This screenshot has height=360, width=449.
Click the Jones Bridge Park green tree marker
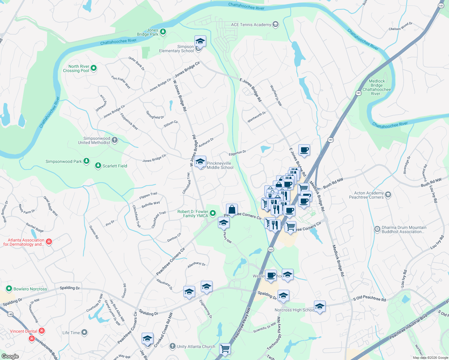click(163, 31)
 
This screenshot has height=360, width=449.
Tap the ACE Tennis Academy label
click(251, 25)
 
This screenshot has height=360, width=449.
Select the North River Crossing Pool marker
click(94, 68)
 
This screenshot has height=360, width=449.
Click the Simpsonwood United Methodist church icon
click(115, 140)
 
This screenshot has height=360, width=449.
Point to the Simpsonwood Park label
click(64, 161)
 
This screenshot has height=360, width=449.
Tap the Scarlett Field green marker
click(98, 166)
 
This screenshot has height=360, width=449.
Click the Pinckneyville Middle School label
click(220, 165)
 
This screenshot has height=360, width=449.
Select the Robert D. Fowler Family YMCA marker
click(213, 213)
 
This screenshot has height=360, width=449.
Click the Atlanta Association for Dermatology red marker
click(49, 241)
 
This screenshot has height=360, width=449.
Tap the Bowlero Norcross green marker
click(9, 289)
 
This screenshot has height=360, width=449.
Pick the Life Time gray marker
click(84, 332)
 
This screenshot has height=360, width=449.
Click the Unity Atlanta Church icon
click(172, 346)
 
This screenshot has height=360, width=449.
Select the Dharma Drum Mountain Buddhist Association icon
click(377, 229)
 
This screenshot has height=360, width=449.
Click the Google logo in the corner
click(10, 356)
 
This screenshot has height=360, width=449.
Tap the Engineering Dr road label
click(206, 309)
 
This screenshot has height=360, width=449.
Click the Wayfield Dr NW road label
click(276, 95)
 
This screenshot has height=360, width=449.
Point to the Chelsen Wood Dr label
click(400, 27)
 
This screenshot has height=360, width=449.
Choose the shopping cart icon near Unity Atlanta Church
click(225, 349)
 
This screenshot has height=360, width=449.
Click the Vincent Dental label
click(23, 331)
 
